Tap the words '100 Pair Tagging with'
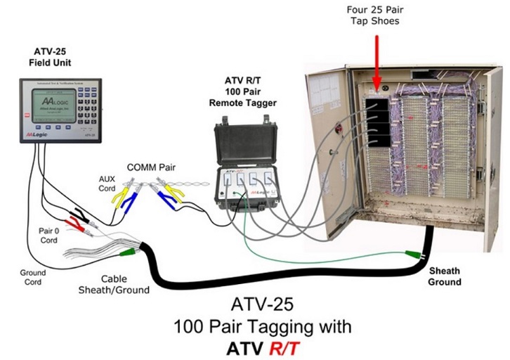(263, 327)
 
